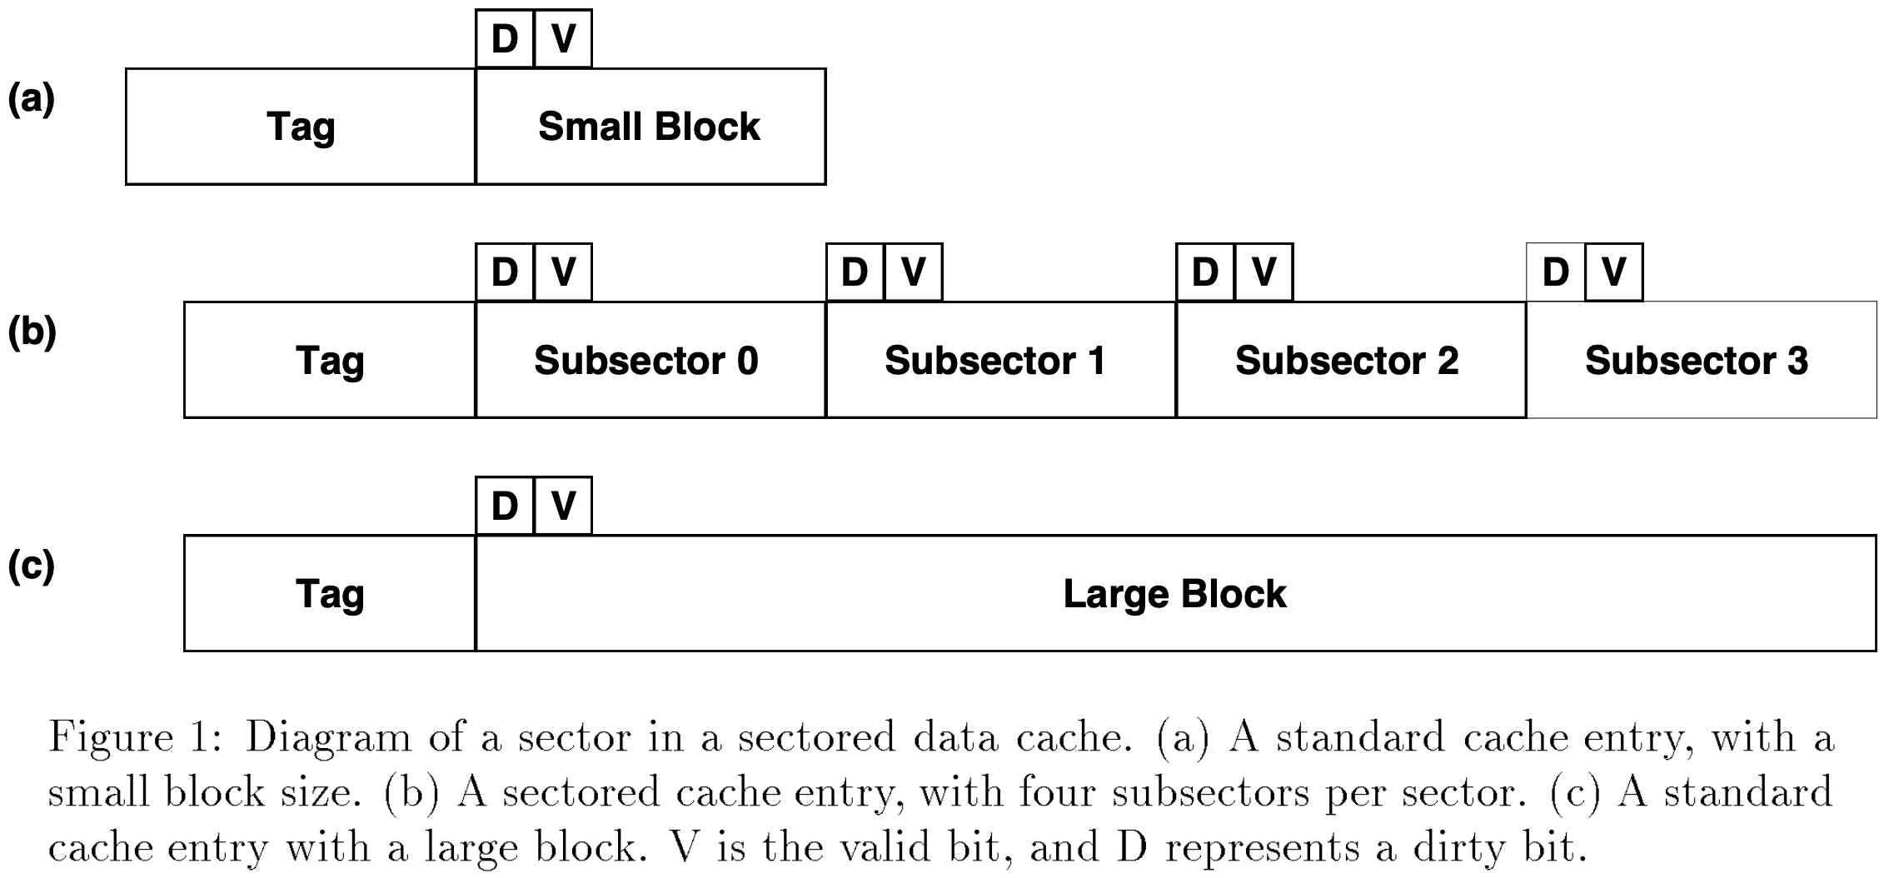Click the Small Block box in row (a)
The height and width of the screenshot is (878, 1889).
coord(650,127)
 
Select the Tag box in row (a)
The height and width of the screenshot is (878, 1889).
coord(301,127)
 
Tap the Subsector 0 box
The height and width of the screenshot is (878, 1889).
coord(650,360)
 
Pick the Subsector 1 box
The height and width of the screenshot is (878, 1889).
coord(999,360)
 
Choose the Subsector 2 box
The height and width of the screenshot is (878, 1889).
coord(1350,360)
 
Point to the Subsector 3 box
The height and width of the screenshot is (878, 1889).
coord(1700,360)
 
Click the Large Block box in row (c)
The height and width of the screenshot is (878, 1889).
coord(1174,593)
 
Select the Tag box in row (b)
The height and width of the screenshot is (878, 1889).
coord(330,360)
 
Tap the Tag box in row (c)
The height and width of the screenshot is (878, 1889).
coord(330,593)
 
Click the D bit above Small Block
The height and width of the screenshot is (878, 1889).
coord(505,38)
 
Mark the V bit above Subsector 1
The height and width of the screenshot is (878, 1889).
coord(913,272)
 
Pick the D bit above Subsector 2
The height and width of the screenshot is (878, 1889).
coord(1205,272)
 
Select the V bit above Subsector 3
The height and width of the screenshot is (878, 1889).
coord(1613,272)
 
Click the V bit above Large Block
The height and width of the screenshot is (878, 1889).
coord(563,506)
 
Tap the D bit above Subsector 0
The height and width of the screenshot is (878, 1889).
coord(505,272)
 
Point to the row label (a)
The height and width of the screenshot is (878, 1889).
coord(32,98)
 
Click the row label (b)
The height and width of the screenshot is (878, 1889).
coord(32,332)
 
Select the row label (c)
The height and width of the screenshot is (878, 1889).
coord(32,566)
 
